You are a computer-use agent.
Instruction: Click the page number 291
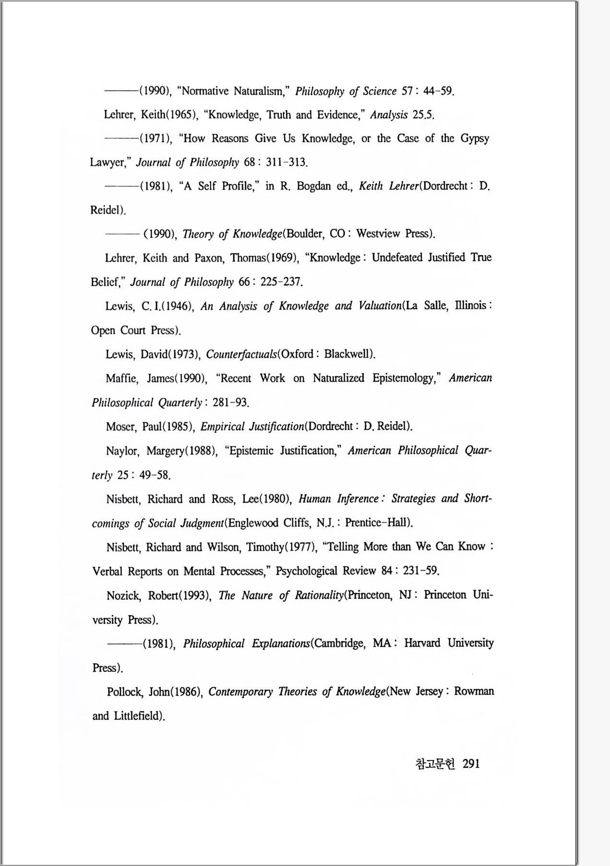click(x=471, y=764)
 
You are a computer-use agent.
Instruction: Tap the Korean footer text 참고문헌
click(x=434, y=764)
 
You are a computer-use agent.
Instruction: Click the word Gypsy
click(x=475, y=139)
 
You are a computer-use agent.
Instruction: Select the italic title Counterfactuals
click(x=241, y=354)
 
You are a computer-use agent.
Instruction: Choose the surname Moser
click(x=121, y=426)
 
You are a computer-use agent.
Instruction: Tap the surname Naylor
click(x=122, y=451)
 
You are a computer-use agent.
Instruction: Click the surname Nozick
click(x=123, y=596)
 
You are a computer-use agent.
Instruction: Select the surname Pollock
click(x=124, y=692)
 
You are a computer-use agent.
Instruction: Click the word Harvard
click(x=422, y=643)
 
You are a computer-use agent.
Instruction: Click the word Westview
click(x=378, y=234)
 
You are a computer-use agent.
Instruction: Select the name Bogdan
click(x=313, y=186)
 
